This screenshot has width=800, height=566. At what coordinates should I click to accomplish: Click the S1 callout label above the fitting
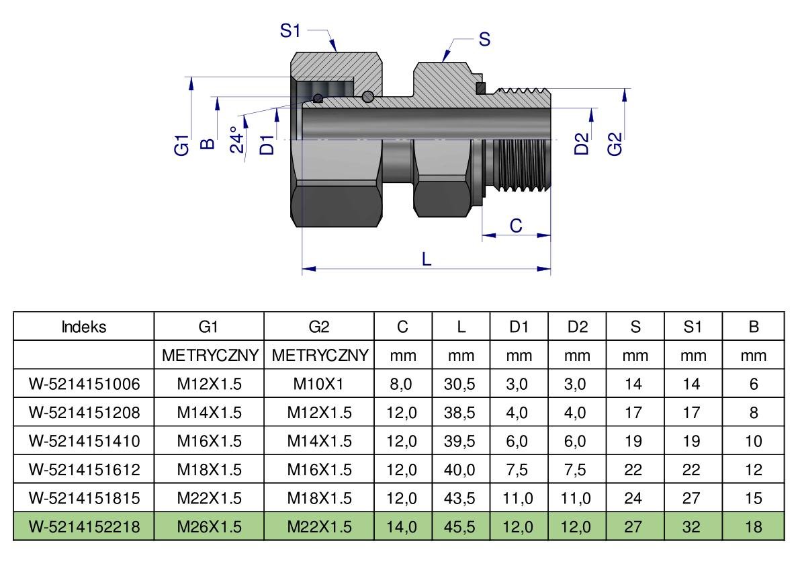point(290,30)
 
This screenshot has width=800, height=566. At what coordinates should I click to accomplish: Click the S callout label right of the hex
point(484,40)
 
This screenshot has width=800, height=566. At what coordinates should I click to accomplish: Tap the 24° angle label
point(236,139)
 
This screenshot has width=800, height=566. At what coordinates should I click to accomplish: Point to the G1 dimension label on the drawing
point(181,145)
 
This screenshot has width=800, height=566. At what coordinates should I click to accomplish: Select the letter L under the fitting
point(427,259)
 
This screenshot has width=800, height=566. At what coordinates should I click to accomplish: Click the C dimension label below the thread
point(516,226)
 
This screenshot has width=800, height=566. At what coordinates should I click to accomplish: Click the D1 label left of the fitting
point(267,144)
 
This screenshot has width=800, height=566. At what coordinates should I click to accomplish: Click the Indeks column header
point(84,327)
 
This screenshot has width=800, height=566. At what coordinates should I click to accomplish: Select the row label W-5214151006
point(84,384)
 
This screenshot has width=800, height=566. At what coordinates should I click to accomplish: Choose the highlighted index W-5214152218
point(84,527)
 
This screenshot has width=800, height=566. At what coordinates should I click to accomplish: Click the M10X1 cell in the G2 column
point(319,384)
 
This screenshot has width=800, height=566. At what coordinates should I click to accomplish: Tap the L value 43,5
point(460,498)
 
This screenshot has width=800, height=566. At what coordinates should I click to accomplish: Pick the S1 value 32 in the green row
point(692,527)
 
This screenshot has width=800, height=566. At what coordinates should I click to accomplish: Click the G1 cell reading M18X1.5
point(209,470)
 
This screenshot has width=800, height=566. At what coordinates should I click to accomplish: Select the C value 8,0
point(402,384)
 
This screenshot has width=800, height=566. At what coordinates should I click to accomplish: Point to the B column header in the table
point(754,327)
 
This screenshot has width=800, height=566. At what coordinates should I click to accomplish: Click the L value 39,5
point(460,441)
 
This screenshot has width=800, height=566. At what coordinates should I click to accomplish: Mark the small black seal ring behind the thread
point(480,87)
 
